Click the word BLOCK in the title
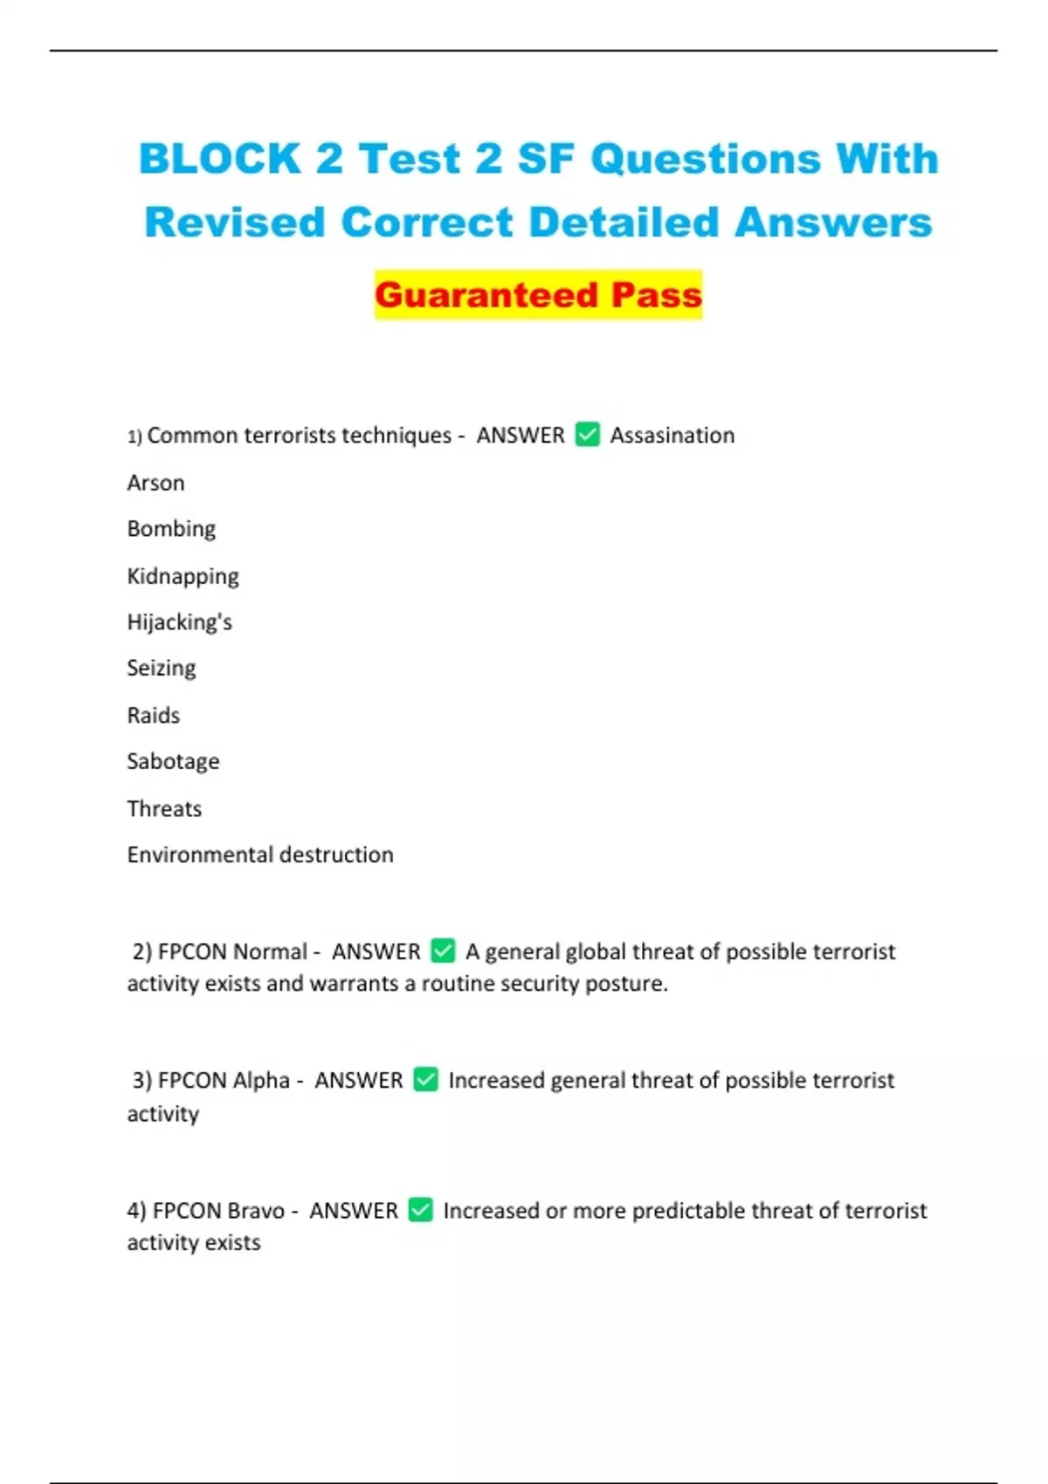tap(220, 160)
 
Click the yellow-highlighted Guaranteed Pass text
tap(538, 295)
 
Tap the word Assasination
tap(672, 435)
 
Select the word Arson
tap(155, 483)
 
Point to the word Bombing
tap(171, 529)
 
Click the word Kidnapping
tap(183, 576)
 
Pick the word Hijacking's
tap(179, 622)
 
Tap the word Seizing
tap(162, 669)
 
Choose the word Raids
tap(153, 716)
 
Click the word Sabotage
tap(173, 761)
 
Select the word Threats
tap(164, 808)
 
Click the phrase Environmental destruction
tap(260, 855)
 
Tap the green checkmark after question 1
tap(588, 434)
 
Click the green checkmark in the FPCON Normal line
tap(443, 950)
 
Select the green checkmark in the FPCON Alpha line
tap(425, 1079)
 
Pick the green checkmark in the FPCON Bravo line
tap(420, 1210)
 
